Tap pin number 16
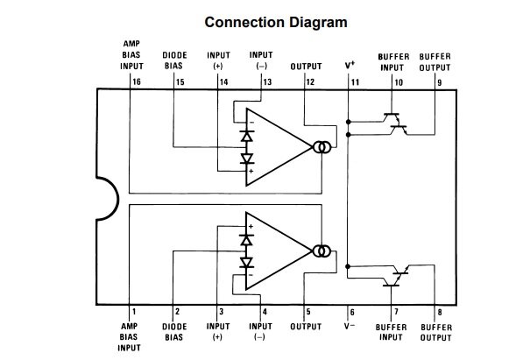[137, 81]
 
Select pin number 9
[439, 81]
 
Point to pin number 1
[134, 311]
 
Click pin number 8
[440, 311]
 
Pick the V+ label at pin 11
[350, 66]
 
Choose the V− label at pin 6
[350, 326]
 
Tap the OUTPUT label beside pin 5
[306, 326]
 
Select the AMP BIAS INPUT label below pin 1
[129, 335]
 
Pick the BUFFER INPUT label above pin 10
[393, 60]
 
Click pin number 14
[224, 81]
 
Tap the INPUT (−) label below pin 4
[261, 331]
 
